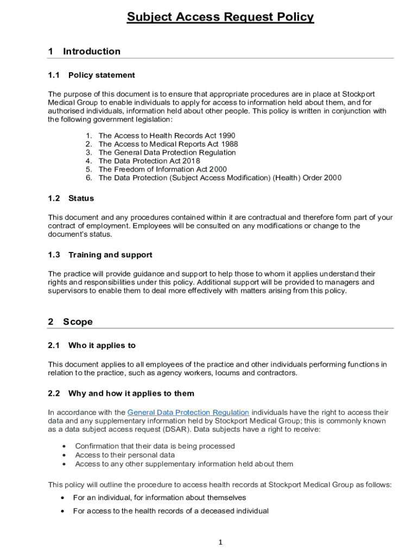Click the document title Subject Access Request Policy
point(220,17)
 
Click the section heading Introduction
point(92,52)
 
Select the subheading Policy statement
point(102,75)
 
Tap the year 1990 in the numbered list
point(226,136)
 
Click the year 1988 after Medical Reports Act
point(229,144)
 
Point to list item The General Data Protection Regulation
point(167,153)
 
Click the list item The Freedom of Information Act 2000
point(163,169)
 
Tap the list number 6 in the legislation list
point(88,178)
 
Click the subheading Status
point(81,198)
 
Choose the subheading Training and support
point(110,255)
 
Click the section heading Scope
point(78,322)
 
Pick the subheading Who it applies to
point(102,345)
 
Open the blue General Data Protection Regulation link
point(188,413)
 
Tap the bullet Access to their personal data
point(125,455)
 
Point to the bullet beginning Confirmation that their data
point(155,446)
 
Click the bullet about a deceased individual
point(170,511)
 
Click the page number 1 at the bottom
point(221,542)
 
